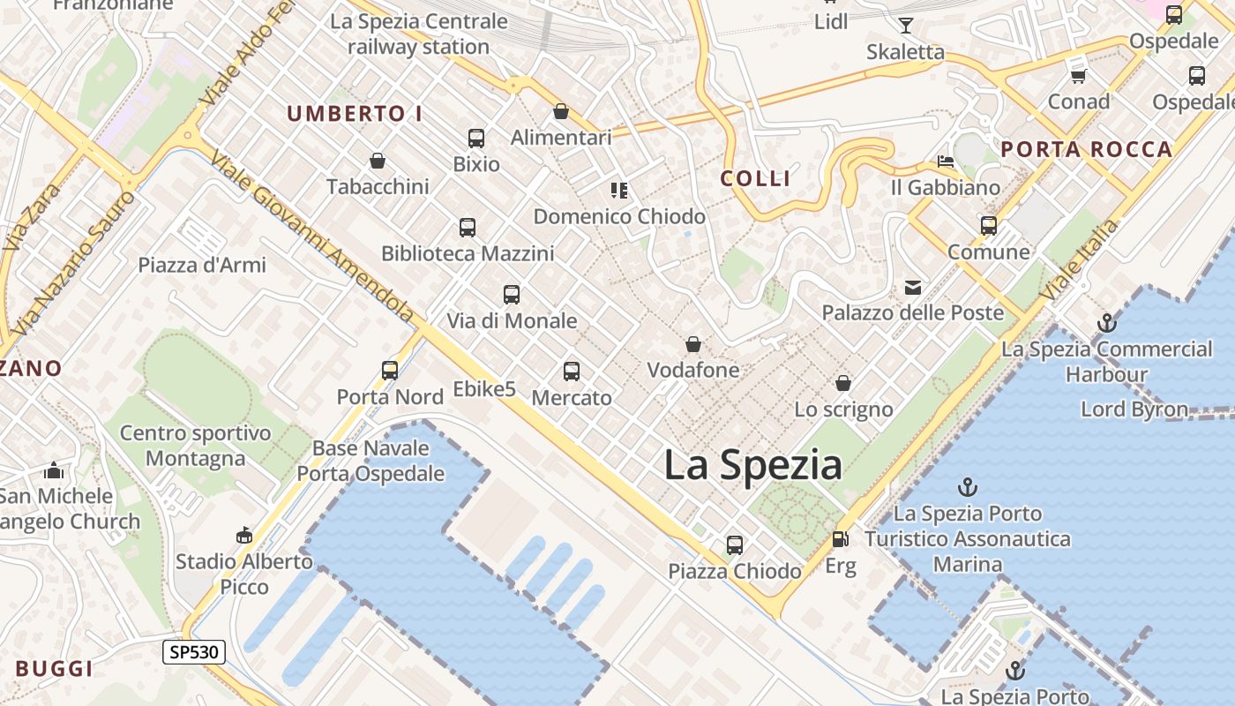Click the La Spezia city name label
(x=752, y=465)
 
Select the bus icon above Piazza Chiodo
(x=735, y=545)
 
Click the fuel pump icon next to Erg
(x=840, y=538)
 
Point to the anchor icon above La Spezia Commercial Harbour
(x=1106, y=323)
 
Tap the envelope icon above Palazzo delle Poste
(x=912, y=287)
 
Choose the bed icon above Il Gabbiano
(x=945, y=161)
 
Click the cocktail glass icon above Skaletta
(x=905, y=25)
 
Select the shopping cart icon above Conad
(x=1078, y=75)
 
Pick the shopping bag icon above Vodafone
(x=693, y=343)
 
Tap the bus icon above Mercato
(x=572, y=372)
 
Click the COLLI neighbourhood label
(x=755, y=178)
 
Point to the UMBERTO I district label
(x=355, y=114)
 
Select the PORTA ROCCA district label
(x=1087, y=149)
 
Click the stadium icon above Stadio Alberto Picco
(x=243, y=535)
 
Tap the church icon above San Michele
(x=54, y=470)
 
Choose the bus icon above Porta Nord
(x=390, y=371)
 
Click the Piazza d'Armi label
(x=202, y=265)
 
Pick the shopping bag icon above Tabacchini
(x=378, y=161)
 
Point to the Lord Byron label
(x=1134, y=409)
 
